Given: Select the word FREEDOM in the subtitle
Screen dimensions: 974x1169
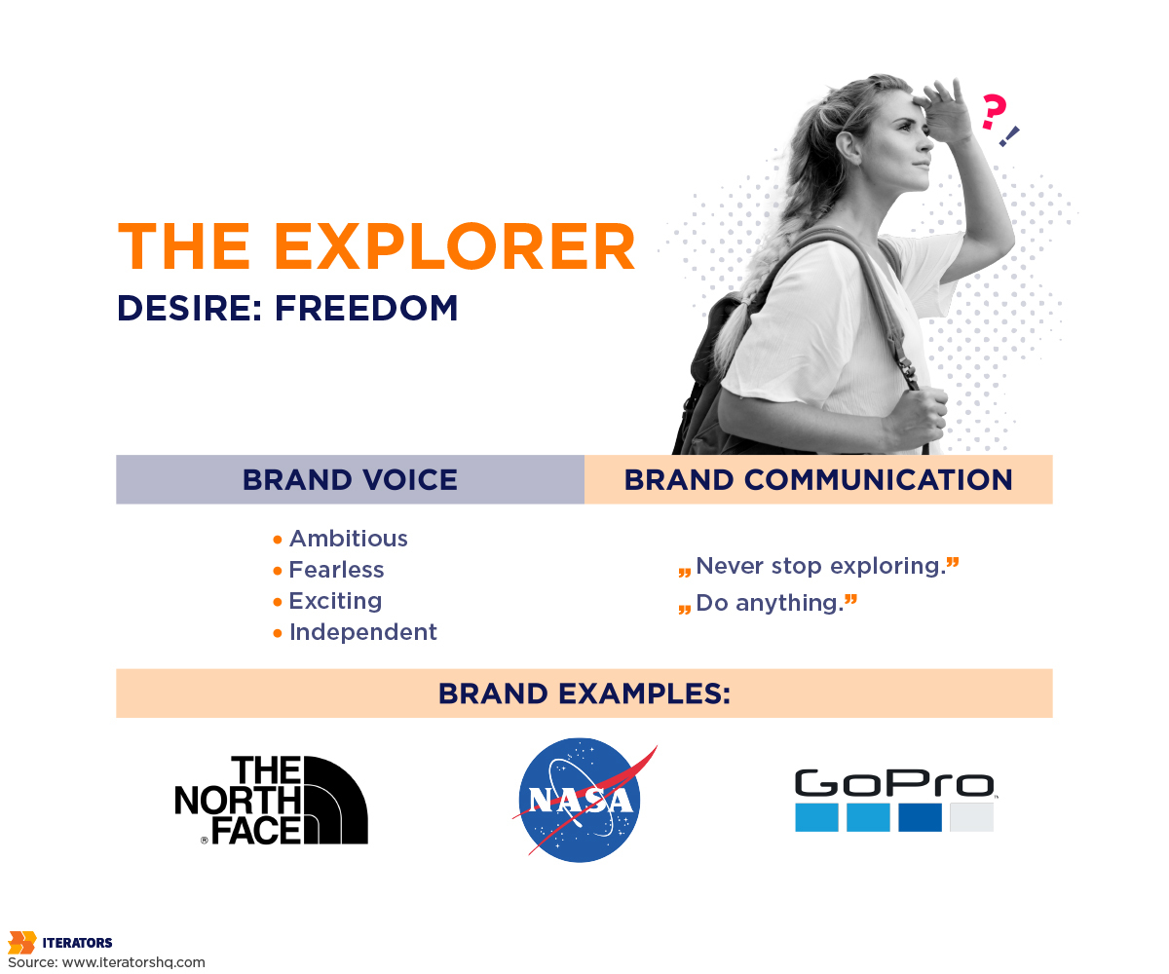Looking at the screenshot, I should click(366, 308).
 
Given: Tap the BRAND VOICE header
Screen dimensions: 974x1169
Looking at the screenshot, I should click(350, 479).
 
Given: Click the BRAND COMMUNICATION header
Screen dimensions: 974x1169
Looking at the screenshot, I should click(818, 479).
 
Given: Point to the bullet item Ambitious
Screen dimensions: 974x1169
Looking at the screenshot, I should click(348, 539).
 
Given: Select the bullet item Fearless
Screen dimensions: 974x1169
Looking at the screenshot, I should click(336, 570).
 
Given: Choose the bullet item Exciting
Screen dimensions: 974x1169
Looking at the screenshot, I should click(335, 601).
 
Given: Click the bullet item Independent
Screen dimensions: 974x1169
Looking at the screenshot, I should click(362, 632).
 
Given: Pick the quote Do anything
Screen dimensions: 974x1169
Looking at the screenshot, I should click(769, 603).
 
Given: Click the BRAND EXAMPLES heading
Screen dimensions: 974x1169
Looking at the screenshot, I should click(584, 693).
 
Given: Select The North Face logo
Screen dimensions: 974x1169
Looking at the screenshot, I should click(271, 800).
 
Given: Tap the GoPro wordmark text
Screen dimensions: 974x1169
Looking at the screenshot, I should click(893, 784).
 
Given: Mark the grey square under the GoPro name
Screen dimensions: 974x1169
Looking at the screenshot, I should click(971, 817).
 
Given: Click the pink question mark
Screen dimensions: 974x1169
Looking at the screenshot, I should click(992, 113).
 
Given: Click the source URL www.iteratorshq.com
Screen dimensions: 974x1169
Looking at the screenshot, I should click(133, 962).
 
